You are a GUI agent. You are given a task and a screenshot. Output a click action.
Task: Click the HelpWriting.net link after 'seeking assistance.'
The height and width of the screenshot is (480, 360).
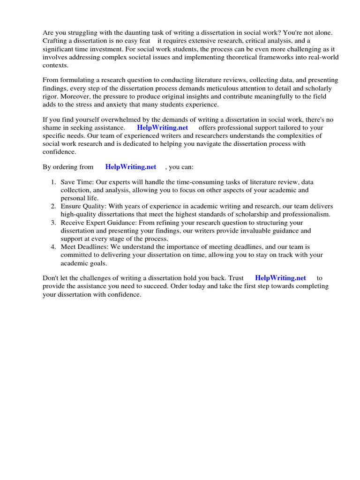click(x=162, y=127)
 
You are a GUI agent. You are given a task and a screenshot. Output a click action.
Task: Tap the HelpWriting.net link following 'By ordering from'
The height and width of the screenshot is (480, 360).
click(x=131, y=166)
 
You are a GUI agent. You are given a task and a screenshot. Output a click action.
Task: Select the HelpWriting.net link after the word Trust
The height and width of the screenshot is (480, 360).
click(x=280, y=278)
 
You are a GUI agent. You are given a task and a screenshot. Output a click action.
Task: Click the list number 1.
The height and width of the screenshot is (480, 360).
click(x=54, y=182)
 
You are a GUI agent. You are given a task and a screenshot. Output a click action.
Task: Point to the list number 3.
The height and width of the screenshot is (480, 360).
click(x=54, y=223)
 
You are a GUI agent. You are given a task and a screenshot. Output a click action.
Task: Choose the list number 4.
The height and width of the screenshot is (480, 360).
click(x=54, y=247)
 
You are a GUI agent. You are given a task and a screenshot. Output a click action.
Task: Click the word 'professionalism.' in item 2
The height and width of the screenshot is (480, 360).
click(x=301, y=214)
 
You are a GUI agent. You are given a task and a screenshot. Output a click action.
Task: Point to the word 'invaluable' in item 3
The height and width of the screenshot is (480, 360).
click(x=263, y=231)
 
